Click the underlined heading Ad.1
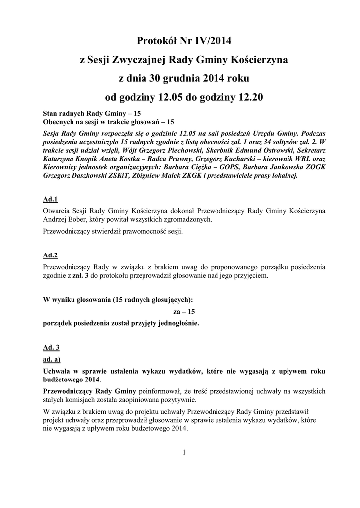coord(51,200)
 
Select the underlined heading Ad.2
coord(51,255)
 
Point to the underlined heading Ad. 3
coord(52,347)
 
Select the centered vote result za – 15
coord(184,312)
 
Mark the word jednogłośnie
coord(176,323)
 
